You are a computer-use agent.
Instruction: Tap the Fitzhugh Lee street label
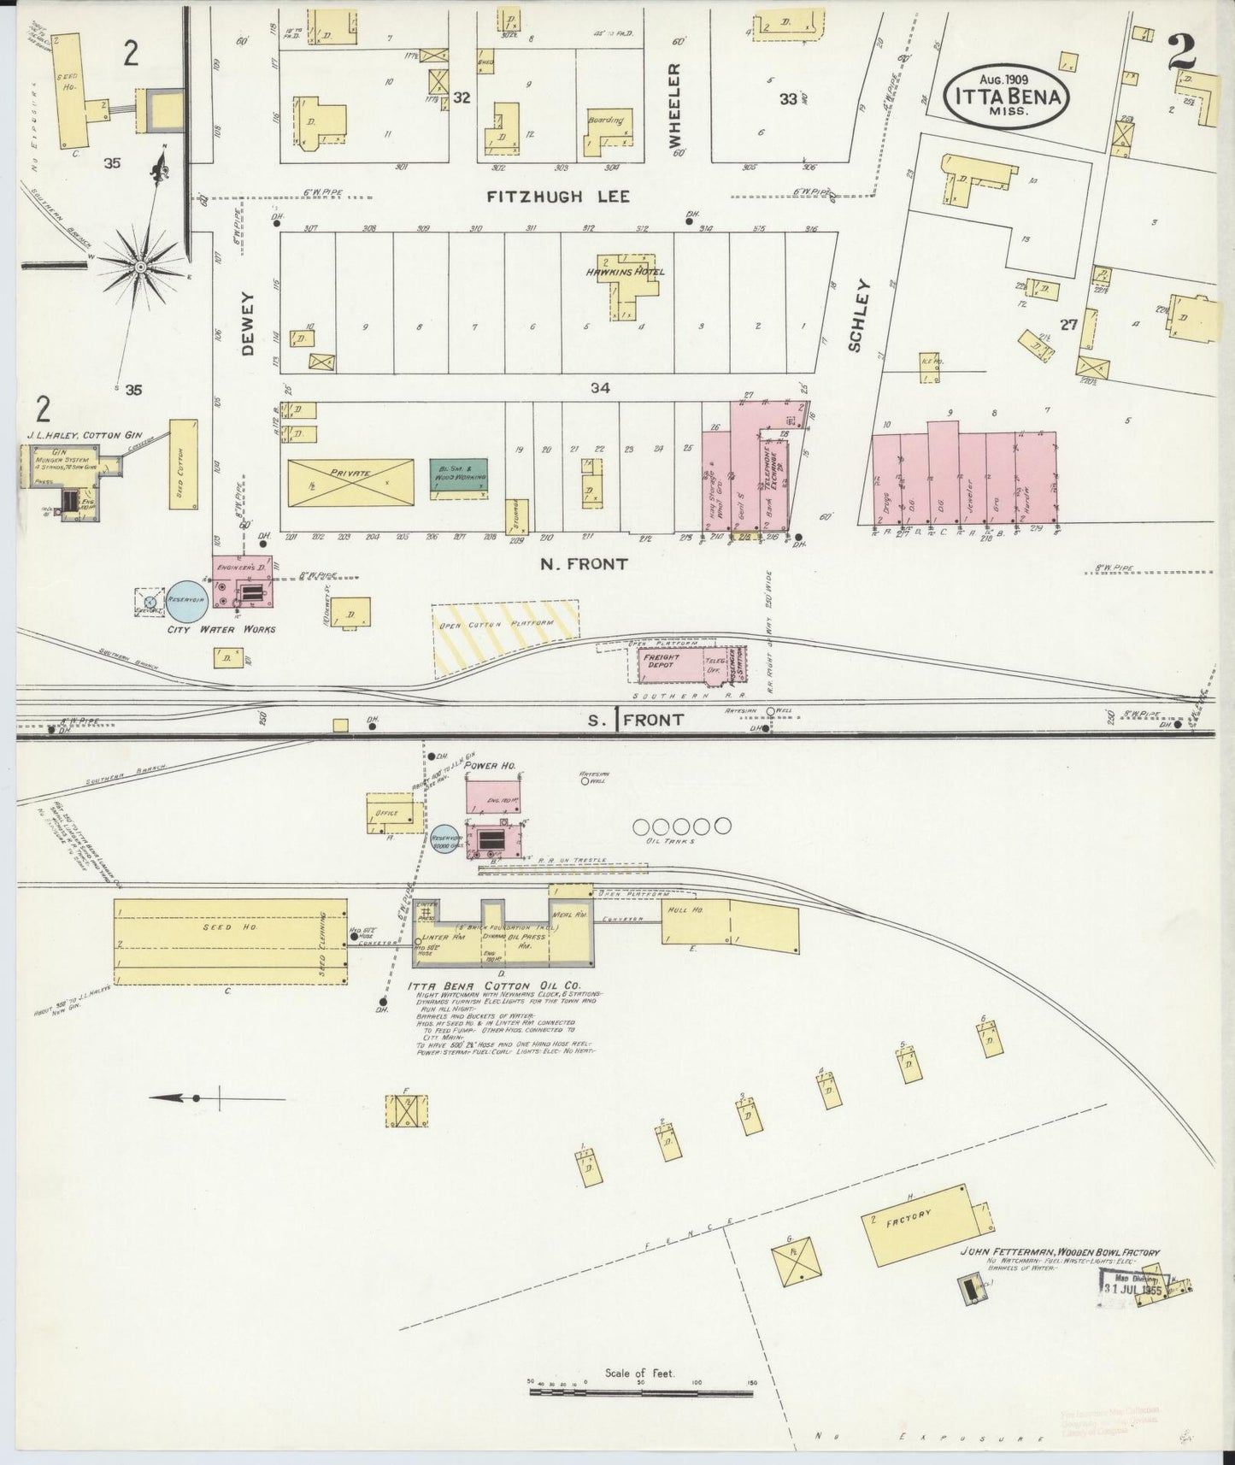(x=558, y=197)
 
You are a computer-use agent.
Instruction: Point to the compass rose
(x=140, y=267)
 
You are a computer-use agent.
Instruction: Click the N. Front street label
(x=585, y=564)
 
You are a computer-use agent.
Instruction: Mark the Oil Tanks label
(x=675, y=841)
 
